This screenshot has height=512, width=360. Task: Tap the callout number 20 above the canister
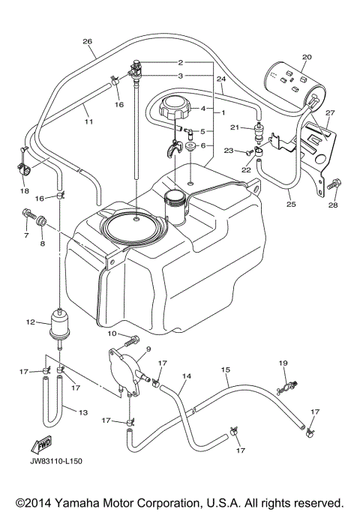click(306, 57)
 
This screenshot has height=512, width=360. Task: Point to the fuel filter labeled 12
click(59, 323)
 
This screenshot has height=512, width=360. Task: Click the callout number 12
click(30, 322)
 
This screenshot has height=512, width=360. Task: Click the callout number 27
click(330, 112)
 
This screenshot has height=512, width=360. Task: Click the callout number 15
click(224, 370)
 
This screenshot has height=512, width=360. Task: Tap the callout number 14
click(187, 376)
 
